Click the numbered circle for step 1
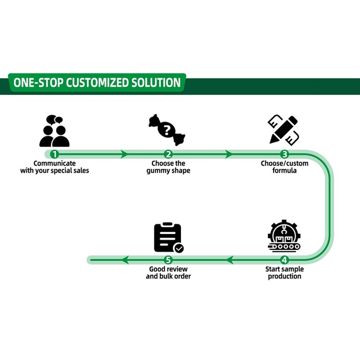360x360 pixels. click(54, 154)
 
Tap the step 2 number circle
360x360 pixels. click(168, 154)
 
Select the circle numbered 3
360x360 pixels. click(284, 154)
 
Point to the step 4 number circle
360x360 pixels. click(284, 260)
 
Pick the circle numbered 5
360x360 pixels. click(168, 260)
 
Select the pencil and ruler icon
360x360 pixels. click(283, 130)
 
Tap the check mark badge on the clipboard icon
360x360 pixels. click(179, 248)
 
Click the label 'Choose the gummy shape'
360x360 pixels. click(168, 167)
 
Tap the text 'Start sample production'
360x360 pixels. click(284, 273)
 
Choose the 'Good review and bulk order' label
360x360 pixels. click(168, 273)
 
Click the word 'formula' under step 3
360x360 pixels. click(284, 171)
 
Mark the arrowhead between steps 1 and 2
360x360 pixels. click(124, 154)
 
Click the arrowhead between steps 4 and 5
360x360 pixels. click(229, 260)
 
